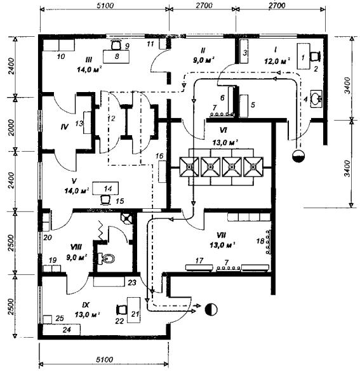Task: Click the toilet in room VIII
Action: point(106,258)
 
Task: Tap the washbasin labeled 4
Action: point(316,98)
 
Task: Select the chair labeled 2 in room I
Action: point(315,56)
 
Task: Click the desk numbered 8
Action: point(116,56)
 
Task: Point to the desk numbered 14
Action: point(105,188)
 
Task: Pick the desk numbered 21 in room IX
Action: point(133,310)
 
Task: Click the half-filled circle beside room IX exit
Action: point(211,309)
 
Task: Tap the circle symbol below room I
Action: point(298,156)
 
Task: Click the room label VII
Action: point(221,235)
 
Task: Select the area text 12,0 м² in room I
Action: point(277,62)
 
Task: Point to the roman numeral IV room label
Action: point(65,127)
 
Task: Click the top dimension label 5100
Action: point(105,6)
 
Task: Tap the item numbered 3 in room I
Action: point(244,51)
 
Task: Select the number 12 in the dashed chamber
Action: point(111,118)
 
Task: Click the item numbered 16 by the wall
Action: point(162,171)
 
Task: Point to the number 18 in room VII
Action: point(260,241)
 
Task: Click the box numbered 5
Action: point(244,106)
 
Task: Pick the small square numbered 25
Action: point(48,319)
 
